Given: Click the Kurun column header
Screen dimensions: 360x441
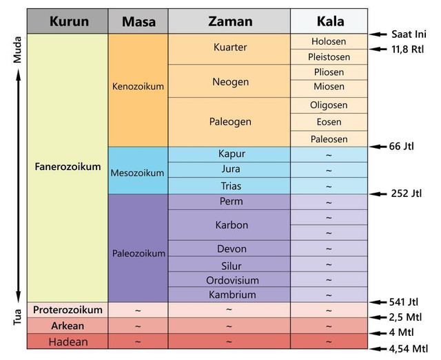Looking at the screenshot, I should pos(68,21).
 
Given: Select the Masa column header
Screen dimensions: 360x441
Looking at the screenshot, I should pos(139,21).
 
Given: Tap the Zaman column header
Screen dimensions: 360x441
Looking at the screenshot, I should pos(229,21).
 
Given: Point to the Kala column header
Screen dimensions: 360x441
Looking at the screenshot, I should pos(329,21).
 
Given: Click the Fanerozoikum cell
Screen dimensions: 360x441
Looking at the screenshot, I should pos(68,167).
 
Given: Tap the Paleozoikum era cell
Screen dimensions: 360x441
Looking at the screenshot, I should pos(139,253).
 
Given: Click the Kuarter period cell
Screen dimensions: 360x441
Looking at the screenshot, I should pos(229,48).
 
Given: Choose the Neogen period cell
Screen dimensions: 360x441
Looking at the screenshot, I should pos(229,81).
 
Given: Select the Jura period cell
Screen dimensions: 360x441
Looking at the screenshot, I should pos(229,170).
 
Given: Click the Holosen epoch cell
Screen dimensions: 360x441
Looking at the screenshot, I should pos(329,41).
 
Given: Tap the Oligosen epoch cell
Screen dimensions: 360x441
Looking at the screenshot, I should pos(329,105).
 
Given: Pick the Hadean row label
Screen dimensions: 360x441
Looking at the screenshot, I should pos(68,341).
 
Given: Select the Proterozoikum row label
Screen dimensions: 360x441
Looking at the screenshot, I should pos(68,310).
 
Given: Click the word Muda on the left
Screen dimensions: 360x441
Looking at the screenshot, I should pos(19,50).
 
